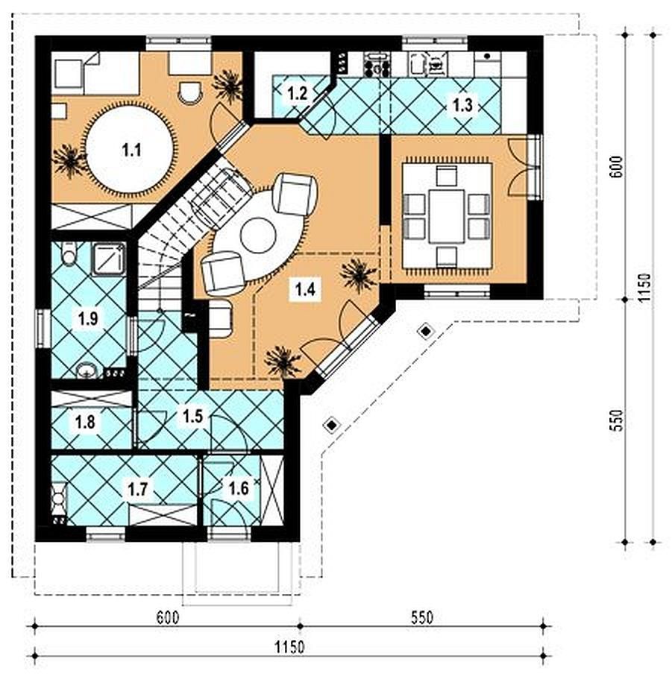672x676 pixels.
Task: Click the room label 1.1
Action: pos(131,151)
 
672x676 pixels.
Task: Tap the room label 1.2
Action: pos(297,92)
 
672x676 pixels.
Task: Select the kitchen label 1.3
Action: pos(462,105)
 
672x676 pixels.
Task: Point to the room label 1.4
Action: pos(305,289)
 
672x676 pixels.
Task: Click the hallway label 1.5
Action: pos(192,416)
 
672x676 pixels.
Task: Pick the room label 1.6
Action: pos(239,488)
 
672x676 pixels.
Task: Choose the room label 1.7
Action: pos(137,489)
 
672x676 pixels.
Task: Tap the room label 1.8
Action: pos(85,422)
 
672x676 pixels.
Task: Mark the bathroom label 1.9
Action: pos(87,318)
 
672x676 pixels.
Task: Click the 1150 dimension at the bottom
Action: pos(290,647)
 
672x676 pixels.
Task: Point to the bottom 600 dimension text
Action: pos(167,617)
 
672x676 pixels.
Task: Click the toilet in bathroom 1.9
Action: pos(69,253)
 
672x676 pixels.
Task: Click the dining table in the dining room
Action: pos(447,215)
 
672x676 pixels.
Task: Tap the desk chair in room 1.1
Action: pos(190,92)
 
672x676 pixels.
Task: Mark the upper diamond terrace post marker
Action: pos(426,332)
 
